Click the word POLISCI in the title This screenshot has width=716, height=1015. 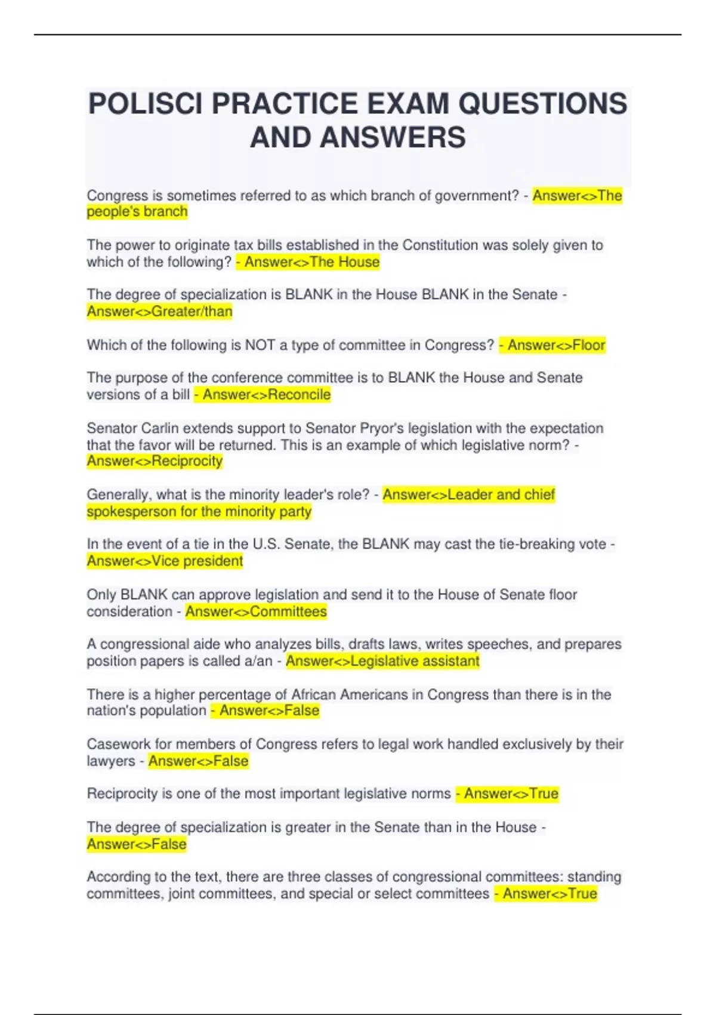point(146,104)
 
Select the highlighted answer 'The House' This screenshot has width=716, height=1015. point(344,262)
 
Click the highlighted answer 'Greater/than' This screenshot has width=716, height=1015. point(192,312)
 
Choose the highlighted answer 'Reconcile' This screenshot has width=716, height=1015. point(299,395)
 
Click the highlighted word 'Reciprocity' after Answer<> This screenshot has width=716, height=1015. point(187,462)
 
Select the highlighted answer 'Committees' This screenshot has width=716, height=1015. point(288,611)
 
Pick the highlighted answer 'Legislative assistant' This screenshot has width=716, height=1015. point(415,661)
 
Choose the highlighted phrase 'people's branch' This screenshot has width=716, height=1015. point(137,212)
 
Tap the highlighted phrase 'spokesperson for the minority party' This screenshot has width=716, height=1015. point(199,512)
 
